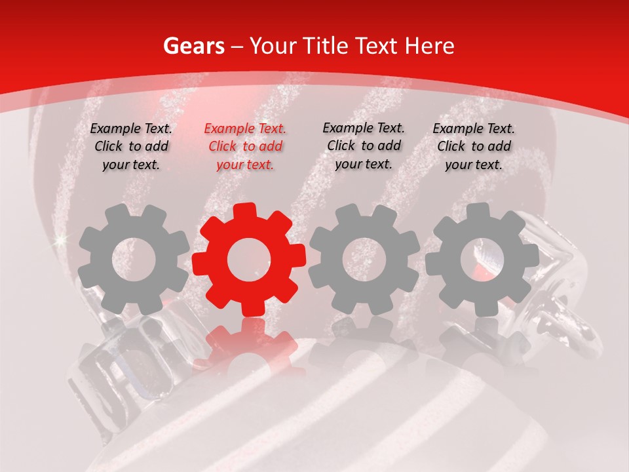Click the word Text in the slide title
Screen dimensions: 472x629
pos(377,47)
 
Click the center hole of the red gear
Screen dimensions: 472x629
pos(249,260)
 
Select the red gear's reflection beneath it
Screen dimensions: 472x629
pos(249,344)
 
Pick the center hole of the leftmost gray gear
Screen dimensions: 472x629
pos(134,260)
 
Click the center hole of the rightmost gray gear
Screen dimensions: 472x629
pos(482,260)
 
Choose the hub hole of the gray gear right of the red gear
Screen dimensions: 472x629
pos(364,260)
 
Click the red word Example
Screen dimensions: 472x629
pos(229,129)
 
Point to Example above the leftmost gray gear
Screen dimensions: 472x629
pos(115,129)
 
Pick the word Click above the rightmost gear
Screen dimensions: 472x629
pos(451,146)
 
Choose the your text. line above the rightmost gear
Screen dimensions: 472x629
pos(474,165)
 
